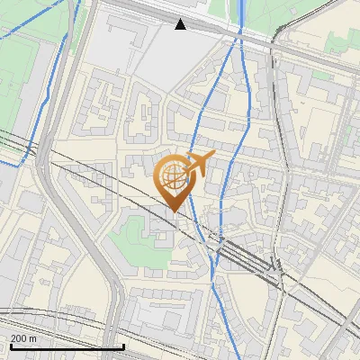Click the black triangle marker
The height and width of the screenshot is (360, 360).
click(181, 24)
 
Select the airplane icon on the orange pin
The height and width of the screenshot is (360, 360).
click(200, 162)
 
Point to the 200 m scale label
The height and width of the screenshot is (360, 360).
click(23, 338)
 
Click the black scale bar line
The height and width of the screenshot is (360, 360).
click(67, 346)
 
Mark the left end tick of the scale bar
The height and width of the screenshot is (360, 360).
click(10, 345)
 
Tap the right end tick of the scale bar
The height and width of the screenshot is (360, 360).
click(123, 345)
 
